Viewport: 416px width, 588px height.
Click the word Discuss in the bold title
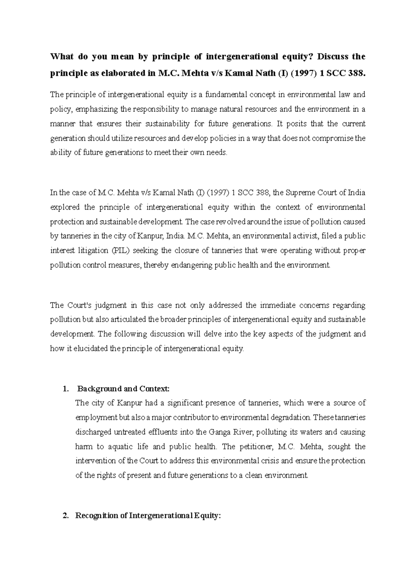(x=333, y=57)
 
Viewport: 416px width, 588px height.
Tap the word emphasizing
(x=96, y=109)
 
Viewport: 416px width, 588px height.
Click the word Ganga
(x=218, y=432)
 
